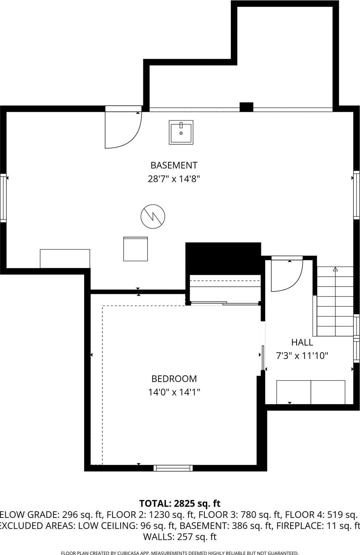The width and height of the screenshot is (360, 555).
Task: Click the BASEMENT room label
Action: click(x=174, y=165)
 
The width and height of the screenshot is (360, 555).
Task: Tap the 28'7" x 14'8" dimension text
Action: click(x=174, y=179)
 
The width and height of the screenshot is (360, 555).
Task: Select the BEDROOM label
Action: click(x=174, y=379)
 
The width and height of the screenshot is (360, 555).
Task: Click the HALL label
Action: click(x=302, y=342)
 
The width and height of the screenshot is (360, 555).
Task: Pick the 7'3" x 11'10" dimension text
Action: click(x=302, y=356)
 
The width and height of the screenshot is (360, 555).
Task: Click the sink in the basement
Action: click(x=181, y=132)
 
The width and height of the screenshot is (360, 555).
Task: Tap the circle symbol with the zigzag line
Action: click(x=153, y=216)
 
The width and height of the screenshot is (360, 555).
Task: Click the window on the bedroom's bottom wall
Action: click(x=173, y=468)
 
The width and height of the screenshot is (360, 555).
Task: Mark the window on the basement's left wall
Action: click(x=3, y=198)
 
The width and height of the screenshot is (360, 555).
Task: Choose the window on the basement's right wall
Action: click(x=357, y=195)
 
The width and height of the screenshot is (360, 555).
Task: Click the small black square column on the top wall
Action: click(x=246, y=107)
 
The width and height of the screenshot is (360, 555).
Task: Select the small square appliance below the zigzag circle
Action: click(x=135, y=249)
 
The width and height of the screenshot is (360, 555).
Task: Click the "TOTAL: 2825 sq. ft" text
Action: click(x=180, y=503)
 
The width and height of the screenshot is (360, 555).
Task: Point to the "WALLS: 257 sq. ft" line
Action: click(x=180, y=537)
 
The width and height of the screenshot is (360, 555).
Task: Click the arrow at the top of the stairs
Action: click(x=335, y=269)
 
